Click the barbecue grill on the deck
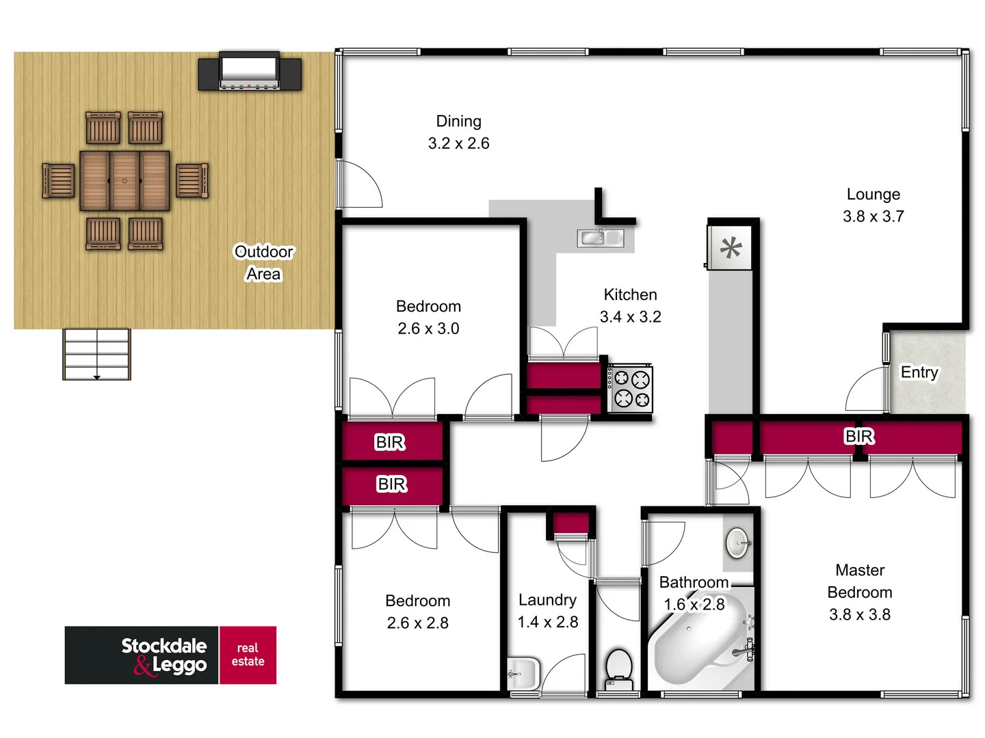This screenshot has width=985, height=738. tap(249, 72)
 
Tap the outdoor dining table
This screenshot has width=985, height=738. tap(124, 181)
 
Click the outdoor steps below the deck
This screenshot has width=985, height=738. tap(96, 354)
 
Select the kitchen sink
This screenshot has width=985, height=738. tap(600, 238)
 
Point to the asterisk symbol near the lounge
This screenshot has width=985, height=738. tap(731, 247)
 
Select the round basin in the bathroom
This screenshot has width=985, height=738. tap(737, 543)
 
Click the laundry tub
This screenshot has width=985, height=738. tap(523, 673)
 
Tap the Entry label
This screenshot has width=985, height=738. tap(919, 372)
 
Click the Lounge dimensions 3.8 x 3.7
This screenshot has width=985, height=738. tap(874, 217)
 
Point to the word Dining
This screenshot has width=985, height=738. tap(459, 122)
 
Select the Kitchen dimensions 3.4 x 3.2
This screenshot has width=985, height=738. tap(630, 317)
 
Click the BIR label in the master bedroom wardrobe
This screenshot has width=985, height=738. tap(859, 437)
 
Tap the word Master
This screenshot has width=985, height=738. tap(860, 571)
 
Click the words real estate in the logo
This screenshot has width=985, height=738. tap(248, 655)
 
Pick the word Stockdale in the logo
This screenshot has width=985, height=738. tap(164, 646)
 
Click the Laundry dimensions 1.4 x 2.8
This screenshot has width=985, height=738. tap(547, 623)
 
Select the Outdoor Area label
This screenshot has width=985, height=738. tap(263, 263)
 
